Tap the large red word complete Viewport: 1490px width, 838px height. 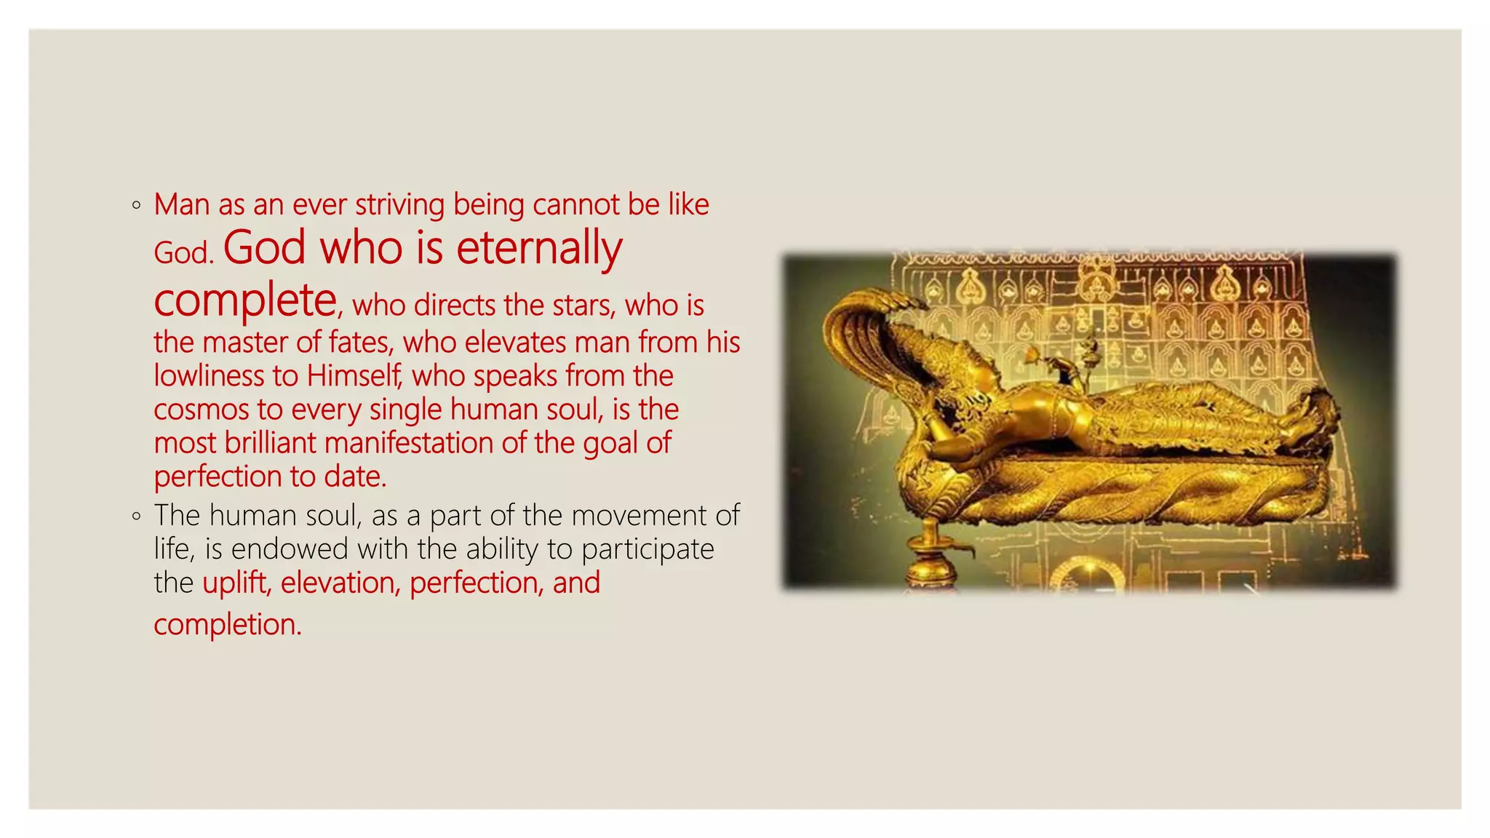coord(245,301)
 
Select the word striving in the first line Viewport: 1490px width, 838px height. coord(399,205)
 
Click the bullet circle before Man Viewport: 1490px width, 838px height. coord(137,206)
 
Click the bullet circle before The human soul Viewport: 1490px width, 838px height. coord(137,516)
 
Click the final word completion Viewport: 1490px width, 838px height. coord(227,625)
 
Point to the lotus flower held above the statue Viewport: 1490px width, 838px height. coord(1033,356)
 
